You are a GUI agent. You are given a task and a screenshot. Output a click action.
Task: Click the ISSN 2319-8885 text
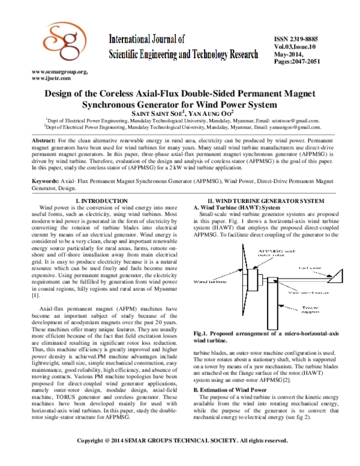click(293, 37)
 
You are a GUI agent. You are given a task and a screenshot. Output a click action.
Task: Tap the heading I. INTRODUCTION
click(106, 200)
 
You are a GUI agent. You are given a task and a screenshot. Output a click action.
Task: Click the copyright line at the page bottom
click(180, 458)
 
